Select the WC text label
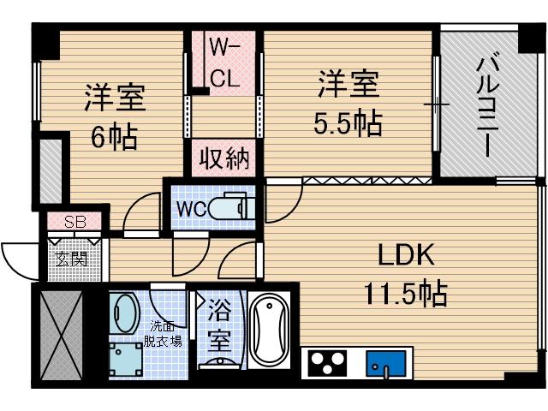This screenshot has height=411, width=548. (x=190, y=208)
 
